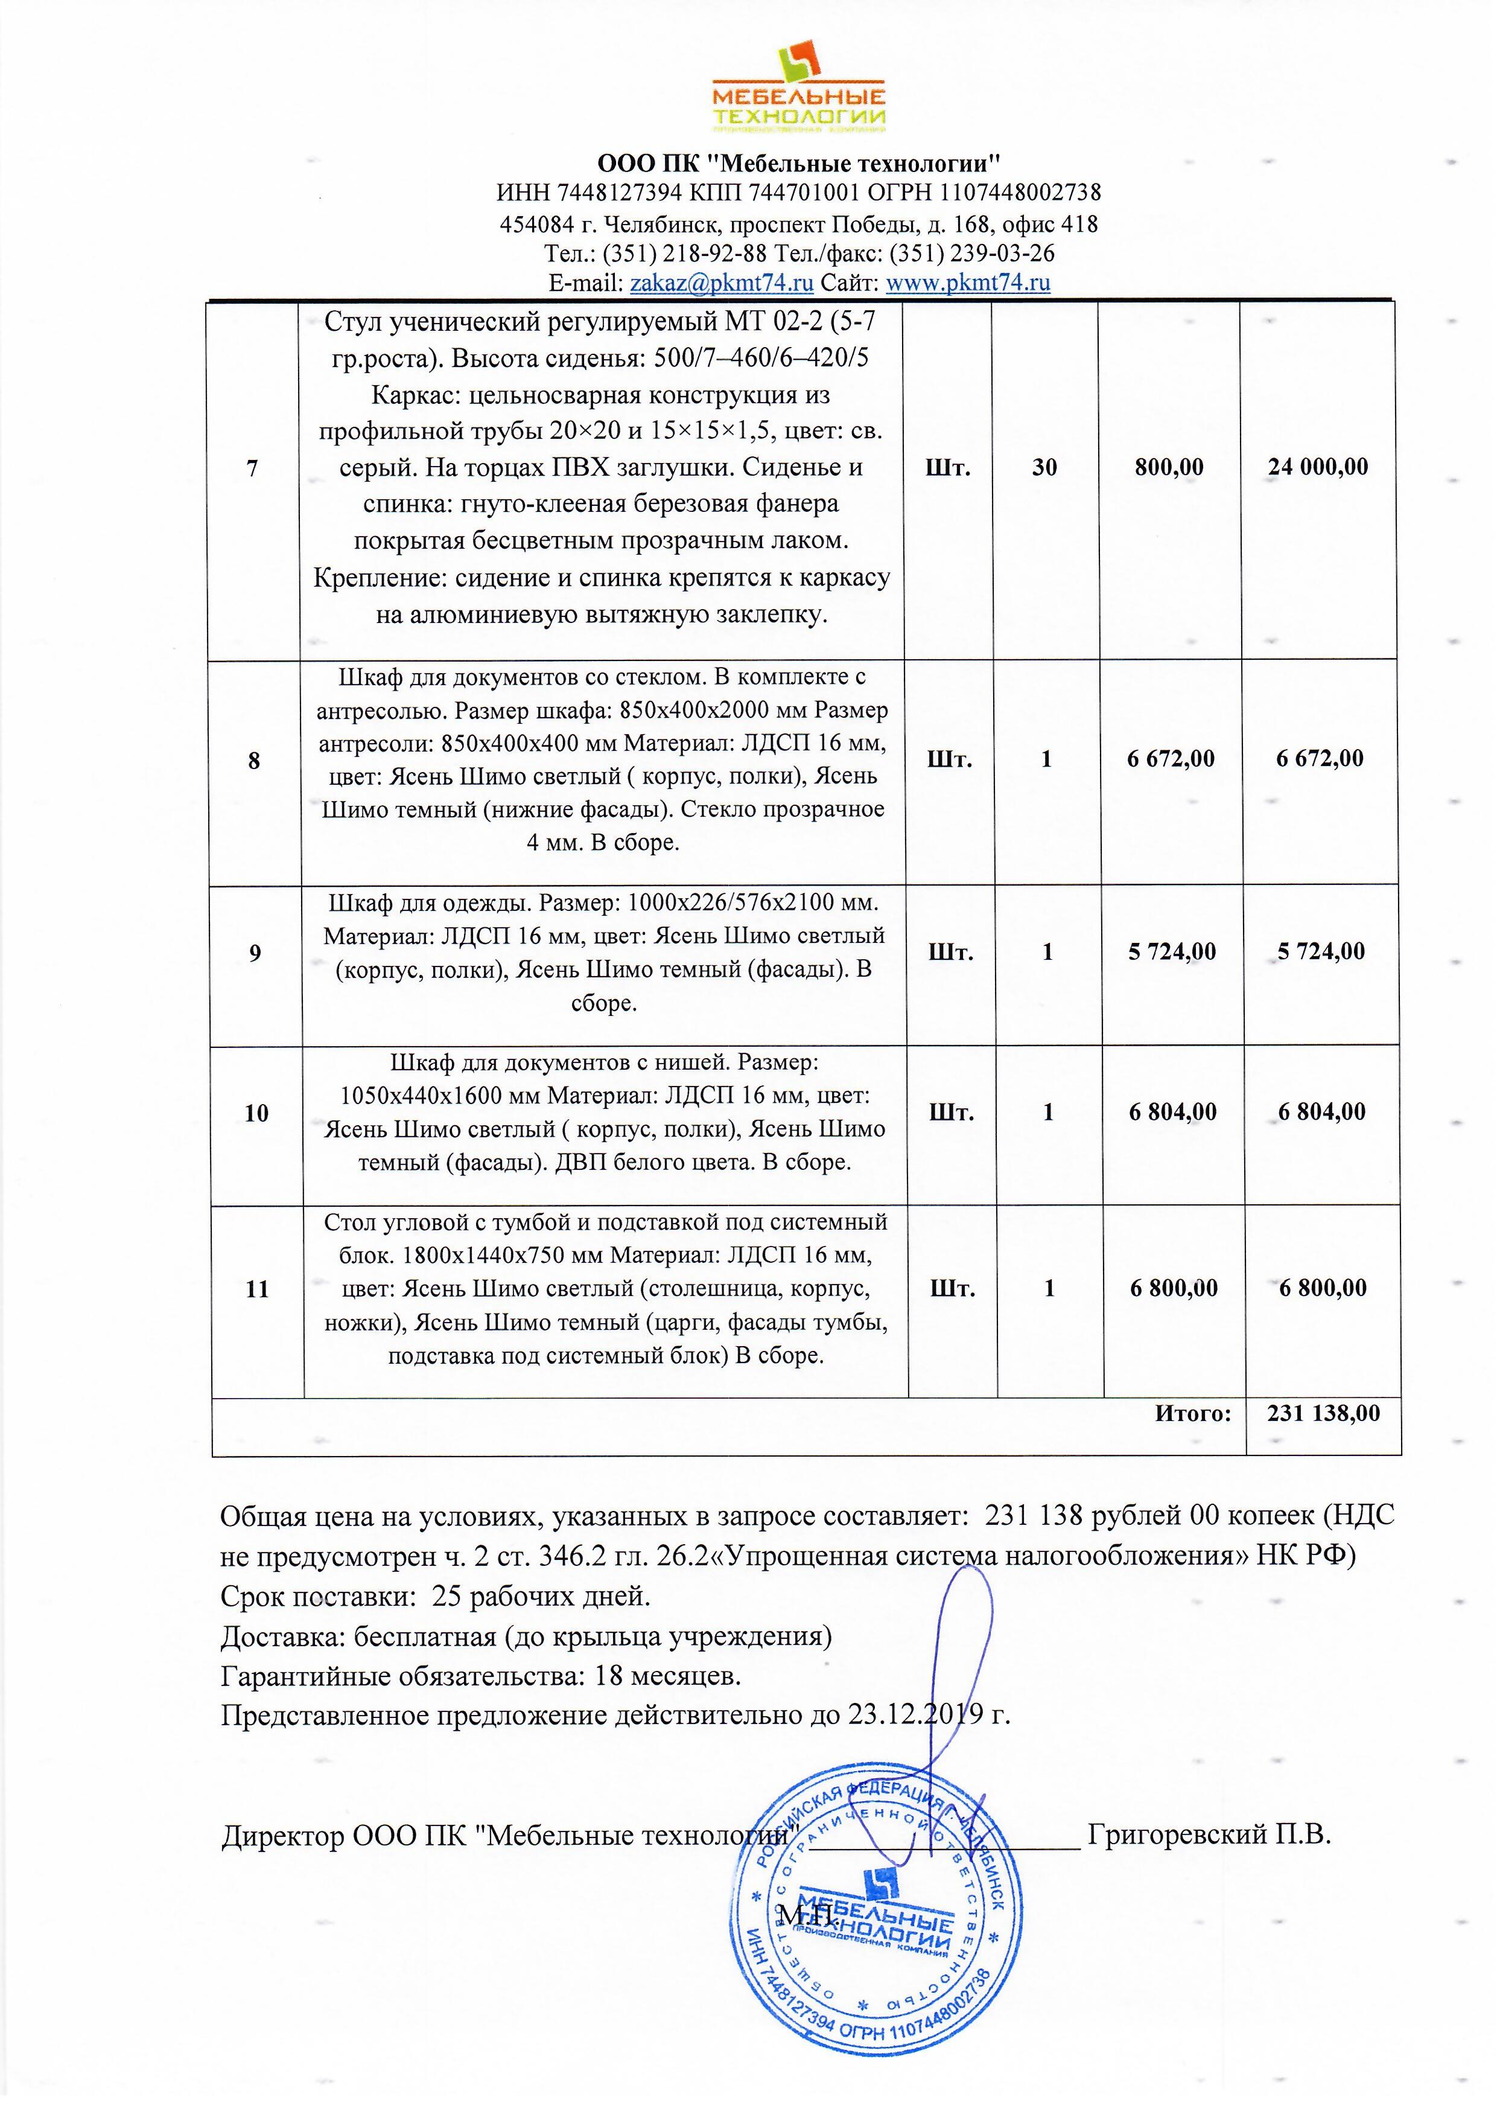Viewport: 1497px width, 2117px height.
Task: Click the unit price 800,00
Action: tap(1169, 467)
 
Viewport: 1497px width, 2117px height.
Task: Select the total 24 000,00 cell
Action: tap(1318, 467)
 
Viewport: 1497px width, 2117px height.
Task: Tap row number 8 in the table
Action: tap(255, 761)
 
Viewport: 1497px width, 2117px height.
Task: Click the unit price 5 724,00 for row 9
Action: tap(1172, 951)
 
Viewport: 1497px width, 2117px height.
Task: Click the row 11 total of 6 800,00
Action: tap(1323, 1288)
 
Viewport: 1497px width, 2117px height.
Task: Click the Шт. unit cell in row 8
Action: tap(950, 760)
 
